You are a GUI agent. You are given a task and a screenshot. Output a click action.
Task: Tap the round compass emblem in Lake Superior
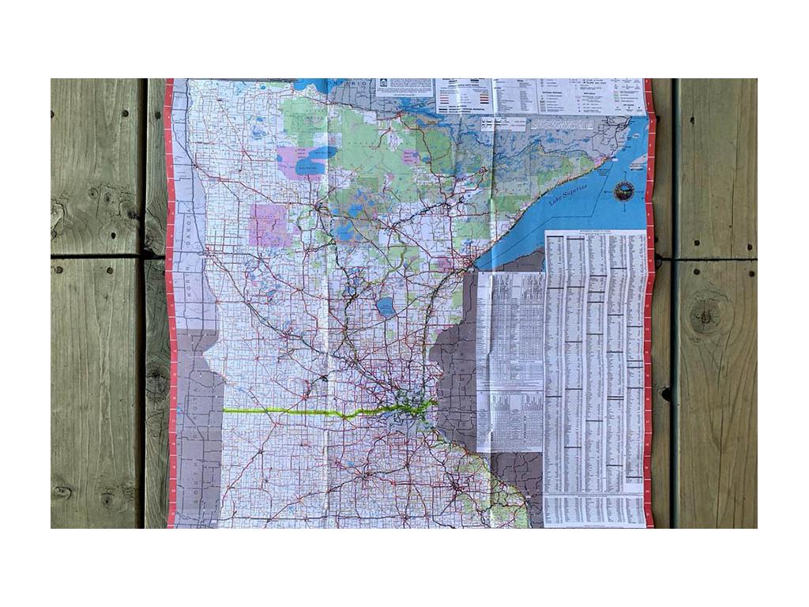click(624, 190)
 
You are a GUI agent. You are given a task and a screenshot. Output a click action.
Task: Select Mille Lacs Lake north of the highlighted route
click(386, 307)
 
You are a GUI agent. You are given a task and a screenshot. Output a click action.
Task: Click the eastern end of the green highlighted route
click(434, 405)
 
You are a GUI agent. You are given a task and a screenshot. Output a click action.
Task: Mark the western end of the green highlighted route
click(224, 410)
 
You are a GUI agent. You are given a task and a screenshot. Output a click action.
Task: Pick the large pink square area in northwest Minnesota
click(269, 224)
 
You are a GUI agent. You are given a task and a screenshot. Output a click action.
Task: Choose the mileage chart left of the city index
click(510, 356)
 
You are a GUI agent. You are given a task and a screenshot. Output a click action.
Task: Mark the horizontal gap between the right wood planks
click(715, 258)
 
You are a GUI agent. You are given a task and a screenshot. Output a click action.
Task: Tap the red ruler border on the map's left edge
click(169, 316)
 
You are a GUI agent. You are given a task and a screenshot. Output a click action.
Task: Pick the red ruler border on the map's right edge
click(649, 316)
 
